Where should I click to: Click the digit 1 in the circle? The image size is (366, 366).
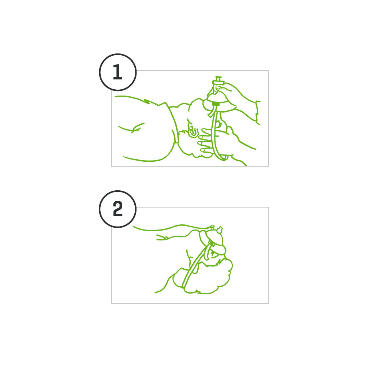[118, 72]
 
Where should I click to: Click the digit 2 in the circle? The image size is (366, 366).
[117, 209]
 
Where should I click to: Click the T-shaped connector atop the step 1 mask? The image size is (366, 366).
[219, 81]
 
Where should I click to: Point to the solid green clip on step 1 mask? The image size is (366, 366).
[216, 104]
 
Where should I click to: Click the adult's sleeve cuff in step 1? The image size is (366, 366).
[258, 113]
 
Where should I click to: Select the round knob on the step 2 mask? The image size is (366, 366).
[220, 230]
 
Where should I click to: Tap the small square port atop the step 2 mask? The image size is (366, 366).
[212, 227]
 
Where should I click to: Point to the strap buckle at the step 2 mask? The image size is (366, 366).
[212, 244]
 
